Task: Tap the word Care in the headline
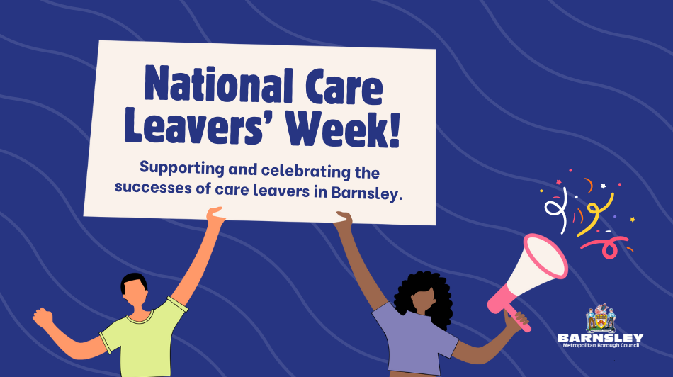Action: pos(344,88)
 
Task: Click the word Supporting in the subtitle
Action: pos(182,168)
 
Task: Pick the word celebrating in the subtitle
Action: pos(306,171)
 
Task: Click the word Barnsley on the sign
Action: pos(368,193)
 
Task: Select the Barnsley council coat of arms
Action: pos(601,318)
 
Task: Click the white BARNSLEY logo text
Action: pos(601,338)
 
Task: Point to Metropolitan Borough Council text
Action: pos(601,345)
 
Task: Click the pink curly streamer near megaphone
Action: pos(606,247)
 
